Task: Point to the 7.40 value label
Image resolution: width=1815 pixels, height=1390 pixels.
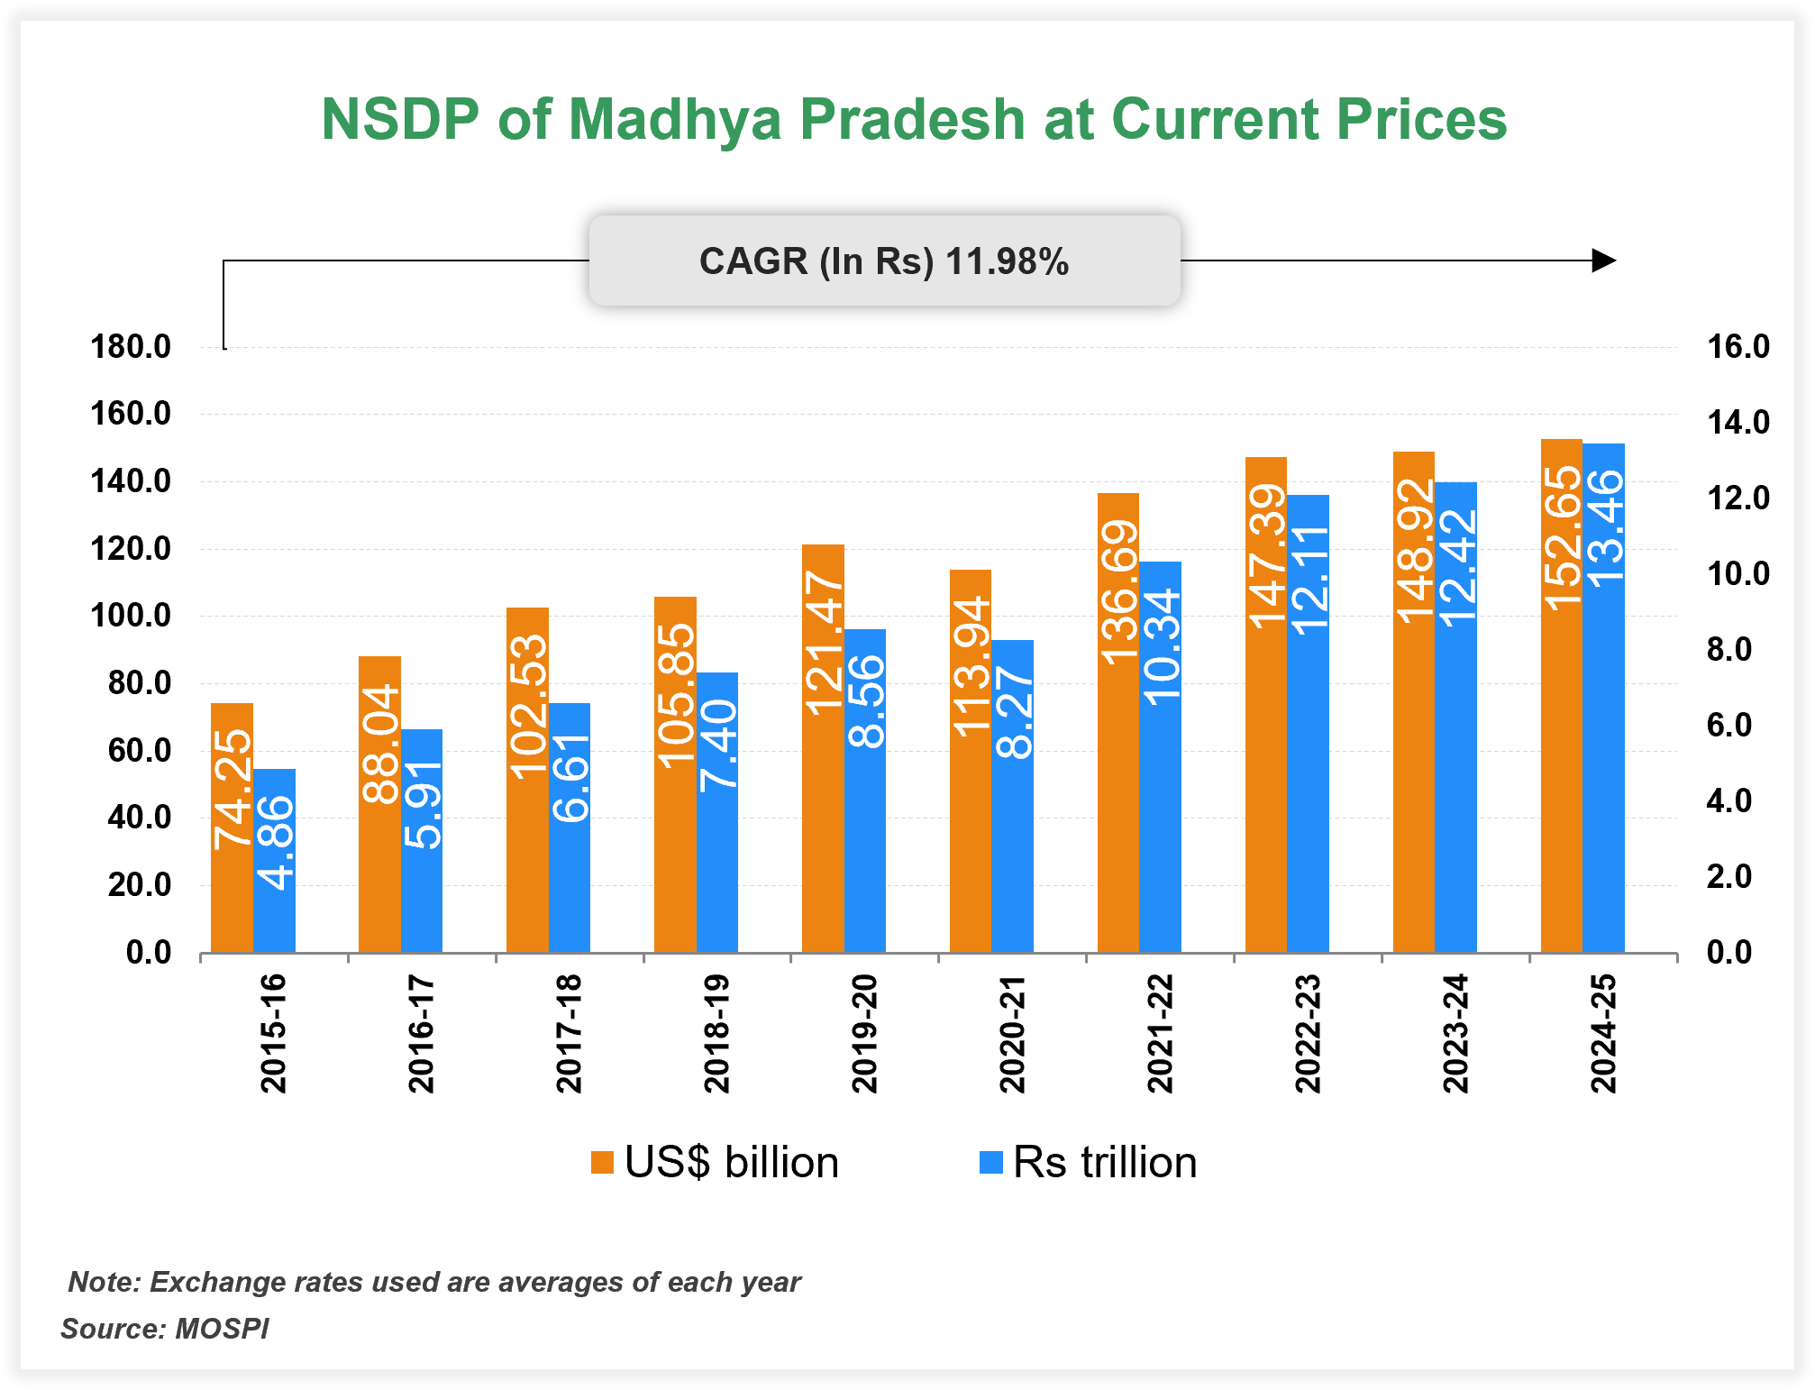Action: tap(718, 746)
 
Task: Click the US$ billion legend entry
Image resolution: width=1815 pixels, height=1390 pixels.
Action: tap(716, 1163)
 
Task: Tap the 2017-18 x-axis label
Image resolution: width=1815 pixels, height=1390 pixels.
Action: tap(569, 1034)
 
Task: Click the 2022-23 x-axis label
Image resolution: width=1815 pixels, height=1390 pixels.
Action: tap(1308, 1034)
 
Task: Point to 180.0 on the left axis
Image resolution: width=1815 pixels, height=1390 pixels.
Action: tap(131, 347)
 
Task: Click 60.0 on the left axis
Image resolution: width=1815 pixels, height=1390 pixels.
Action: tap(140, 750)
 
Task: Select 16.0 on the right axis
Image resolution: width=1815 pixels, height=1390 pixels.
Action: tap(1737, 347)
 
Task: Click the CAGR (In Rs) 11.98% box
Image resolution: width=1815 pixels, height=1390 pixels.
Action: tap(884, 261)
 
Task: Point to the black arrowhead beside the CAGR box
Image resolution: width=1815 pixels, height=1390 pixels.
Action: tap(1603, 261)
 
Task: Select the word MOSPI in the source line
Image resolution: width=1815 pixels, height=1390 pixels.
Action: tap(222, 1329)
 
